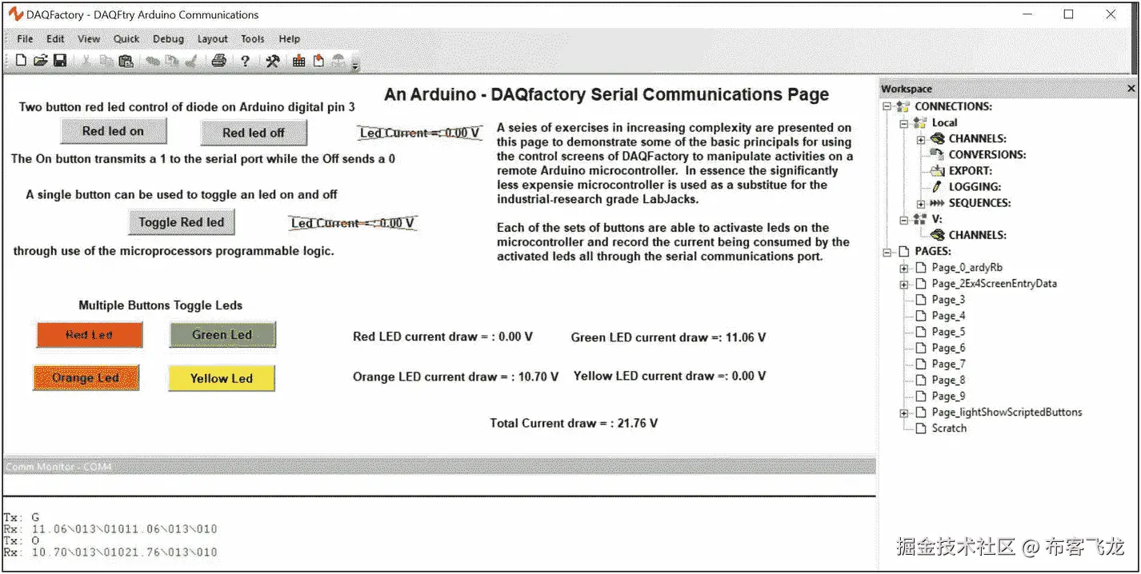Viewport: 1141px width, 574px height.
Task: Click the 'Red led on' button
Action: click(114, 131)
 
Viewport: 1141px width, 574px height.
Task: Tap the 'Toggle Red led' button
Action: click(182, 222)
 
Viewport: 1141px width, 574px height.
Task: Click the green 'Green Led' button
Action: click(222, 335)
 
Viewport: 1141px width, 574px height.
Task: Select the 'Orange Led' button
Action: click(86, 378)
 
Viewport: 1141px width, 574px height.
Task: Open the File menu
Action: click(25, 38)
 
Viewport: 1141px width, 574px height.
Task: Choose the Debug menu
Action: click(168, 38)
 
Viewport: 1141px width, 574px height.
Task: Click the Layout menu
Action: click(212, 38)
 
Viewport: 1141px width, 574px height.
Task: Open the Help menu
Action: click(289, 38)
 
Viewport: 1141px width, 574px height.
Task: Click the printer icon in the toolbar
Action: click(218, 61)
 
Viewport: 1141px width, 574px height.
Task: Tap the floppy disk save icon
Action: click(60, 61)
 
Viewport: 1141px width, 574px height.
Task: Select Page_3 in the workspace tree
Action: click(948, 300)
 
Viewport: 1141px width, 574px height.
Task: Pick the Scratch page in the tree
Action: click(949, 429)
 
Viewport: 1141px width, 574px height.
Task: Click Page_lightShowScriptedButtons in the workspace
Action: click(1007, 413)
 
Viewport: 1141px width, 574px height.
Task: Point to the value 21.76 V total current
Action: click(637, 424)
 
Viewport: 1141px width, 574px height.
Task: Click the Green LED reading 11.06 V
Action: click(745, 337)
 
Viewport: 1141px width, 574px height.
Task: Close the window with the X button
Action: click(1111, 14)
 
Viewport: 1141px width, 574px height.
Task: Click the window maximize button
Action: click(1068, 14)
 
